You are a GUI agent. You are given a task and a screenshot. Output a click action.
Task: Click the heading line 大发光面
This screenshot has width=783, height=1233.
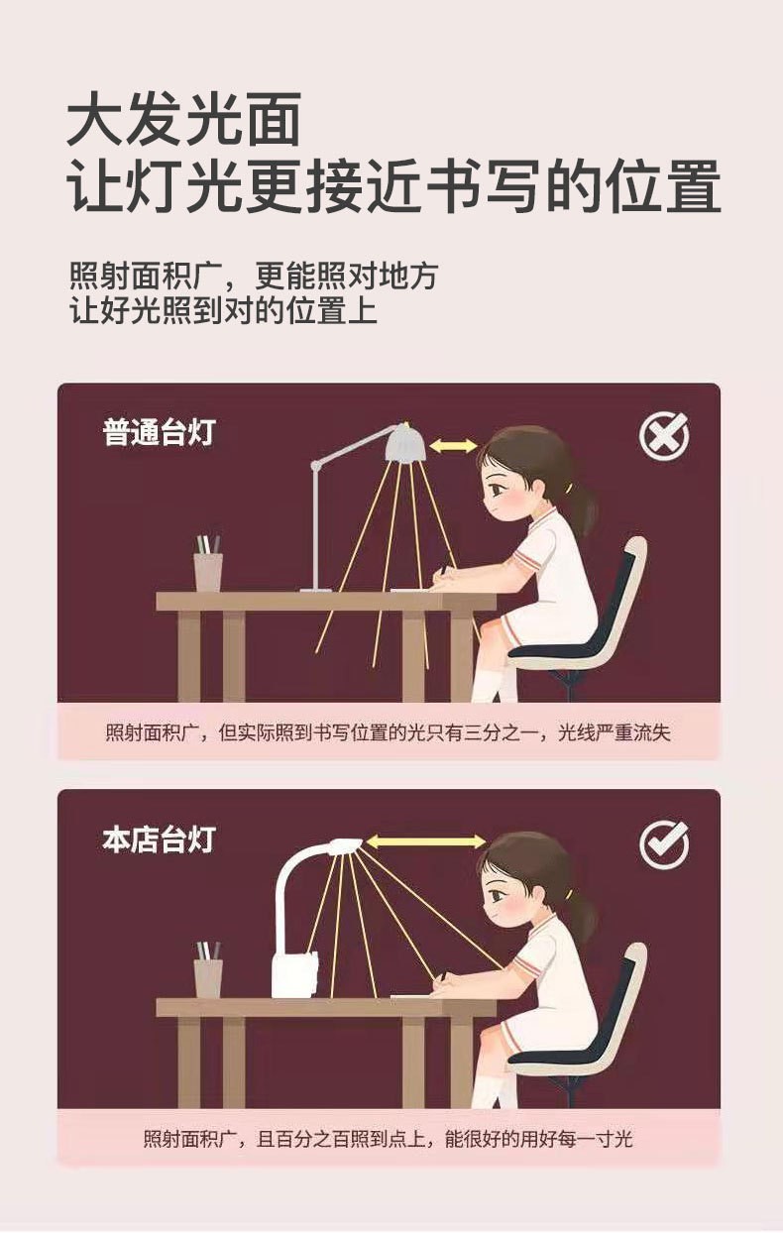coord(183,120)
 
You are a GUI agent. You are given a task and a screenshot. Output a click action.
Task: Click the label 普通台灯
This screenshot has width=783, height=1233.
coord(158,432)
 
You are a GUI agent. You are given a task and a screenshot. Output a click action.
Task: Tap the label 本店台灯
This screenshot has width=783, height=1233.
coord(158,839)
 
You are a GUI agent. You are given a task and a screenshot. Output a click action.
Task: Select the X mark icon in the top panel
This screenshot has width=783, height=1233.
coord(664,435)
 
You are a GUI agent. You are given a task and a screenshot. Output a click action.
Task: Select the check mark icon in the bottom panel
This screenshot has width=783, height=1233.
coord(664,844)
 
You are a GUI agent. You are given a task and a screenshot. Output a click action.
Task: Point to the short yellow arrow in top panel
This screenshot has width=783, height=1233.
coord(453,445)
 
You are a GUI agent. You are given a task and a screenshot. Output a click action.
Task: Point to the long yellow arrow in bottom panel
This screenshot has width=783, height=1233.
coord(426,841)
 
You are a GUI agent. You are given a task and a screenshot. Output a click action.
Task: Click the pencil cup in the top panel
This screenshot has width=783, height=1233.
coord(208,564)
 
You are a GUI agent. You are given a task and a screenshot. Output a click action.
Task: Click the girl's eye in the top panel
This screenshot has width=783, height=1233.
coord(498,489)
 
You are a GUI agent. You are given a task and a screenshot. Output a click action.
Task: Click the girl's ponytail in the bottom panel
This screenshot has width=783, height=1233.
coord(585,918)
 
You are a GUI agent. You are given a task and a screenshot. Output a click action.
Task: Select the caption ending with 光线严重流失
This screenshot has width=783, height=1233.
coord(388,732)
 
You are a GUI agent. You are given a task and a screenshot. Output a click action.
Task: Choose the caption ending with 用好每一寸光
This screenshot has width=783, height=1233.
coord(388,1139)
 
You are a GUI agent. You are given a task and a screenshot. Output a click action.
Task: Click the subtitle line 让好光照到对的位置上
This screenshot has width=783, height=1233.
coord(223,311)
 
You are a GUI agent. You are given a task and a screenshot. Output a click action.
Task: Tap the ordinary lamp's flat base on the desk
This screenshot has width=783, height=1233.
coord(316,590)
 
